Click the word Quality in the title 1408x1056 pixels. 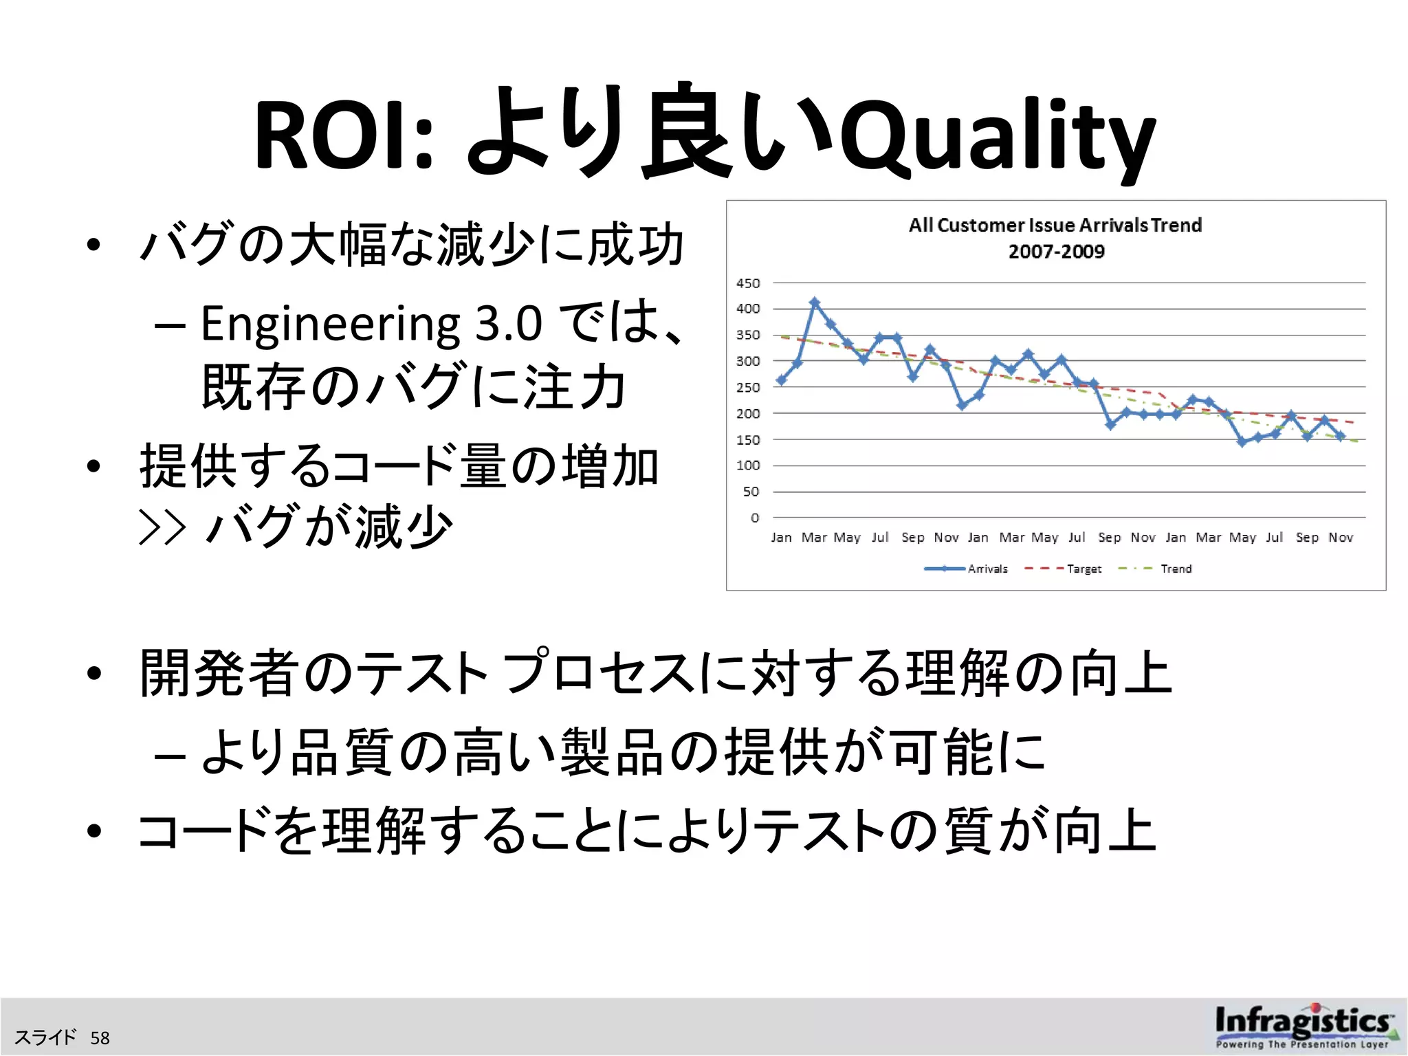pos(997,137)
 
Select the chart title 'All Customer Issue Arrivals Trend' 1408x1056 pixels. pos(1055,225)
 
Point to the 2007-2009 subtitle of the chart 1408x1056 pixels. pos(1057,252)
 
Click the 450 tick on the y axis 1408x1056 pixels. pos(748,283)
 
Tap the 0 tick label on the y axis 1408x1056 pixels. pos(755,518)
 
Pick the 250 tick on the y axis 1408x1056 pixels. pos(748,388)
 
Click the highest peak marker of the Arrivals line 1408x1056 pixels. pos(815,302)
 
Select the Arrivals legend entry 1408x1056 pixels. pos(966,569)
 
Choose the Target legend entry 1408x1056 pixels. pos(1064,569)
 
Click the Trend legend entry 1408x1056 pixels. pos(1156,569)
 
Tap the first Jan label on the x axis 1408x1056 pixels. pos(781,538)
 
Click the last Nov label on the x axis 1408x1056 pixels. pos(1341,538)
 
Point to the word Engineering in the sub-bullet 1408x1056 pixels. pos(330,324)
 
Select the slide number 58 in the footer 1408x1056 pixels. pos(100,1038)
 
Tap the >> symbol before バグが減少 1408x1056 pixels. pos(162,527)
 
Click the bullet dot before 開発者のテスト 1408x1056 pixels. pos(94,674)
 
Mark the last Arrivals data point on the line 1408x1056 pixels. pos(1341,436)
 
